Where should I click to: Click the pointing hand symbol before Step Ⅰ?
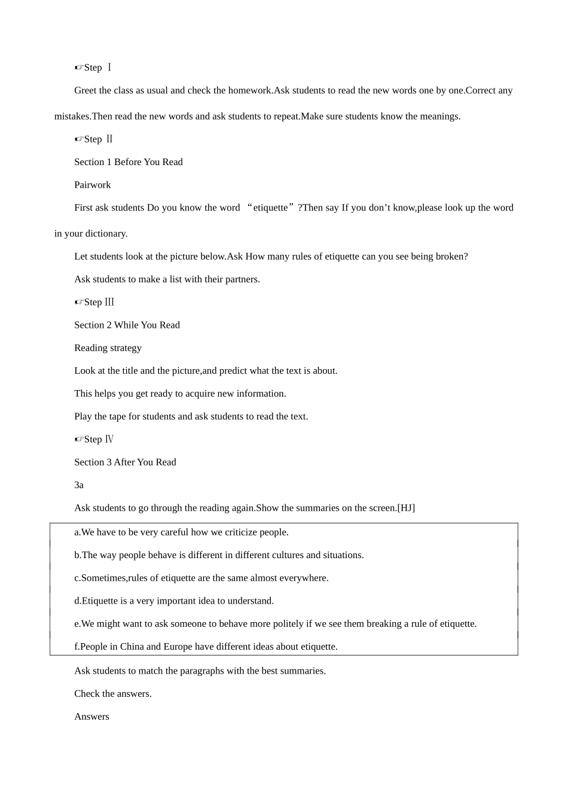click(79, 68)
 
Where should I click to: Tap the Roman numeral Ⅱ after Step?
click(109, 139)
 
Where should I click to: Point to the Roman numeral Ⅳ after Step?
click(109, 440)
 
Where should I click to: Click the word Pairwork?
click(92, 185)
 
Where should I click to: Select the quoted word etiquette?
click(270, 208)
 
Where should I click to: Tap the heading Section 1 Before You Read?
click(128, 162)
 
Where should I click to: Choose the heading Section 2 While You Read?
click(127, 325)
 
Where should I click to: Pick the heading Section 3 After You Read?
click(125, 462)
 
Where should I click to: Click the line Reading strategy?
click(108, 348)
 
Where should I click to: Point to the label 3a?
click(79, 485)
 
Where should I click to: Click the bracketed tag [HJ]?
click(406, 508)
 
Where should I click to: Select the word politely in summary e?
click(286, 624)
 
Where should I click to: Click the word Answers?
click(91, 717)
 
